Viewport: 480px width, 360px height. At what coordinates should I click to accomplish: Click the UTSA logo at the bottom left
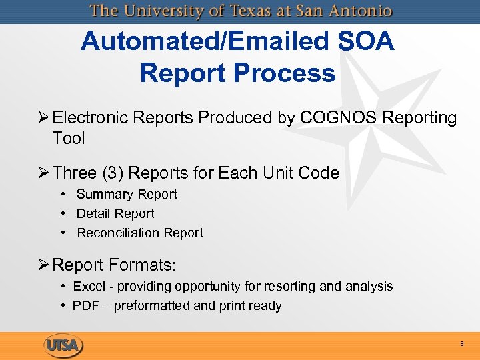pos(64,345)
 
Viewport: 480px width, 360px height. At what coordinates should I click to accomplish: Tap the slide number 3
pos(461,344)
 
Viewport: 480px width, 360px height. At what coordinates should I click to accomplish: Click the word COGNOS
pos(339,118)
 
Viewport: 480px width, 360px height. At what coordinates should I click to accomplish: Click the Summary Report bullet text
pos(127,194)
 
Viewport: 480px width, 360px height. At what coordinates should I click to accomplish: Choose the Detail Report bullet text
pos(115,213)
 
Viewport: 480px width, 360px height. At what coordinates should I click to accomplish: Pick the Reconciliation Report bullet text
pos(140,233)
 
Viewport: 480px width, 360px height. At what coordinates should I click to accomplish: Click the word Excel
pos(88,286)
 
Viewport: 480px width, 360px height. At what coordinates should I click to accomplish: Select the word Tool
pos(69,138)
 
